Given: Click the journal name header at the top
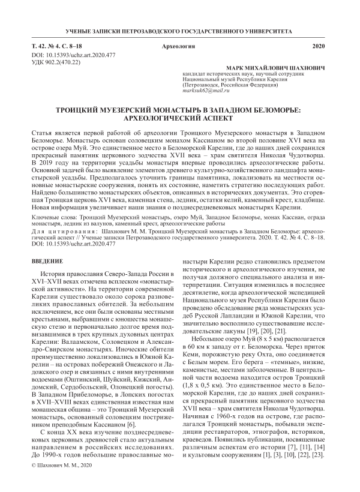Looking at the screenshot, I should [x=180, y=30].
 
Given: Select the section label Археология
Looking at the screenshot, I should [x=180, y=46].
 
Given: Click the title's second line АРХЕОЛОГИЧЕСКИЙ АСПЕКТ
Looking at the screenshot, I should [x=180, y=119].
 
